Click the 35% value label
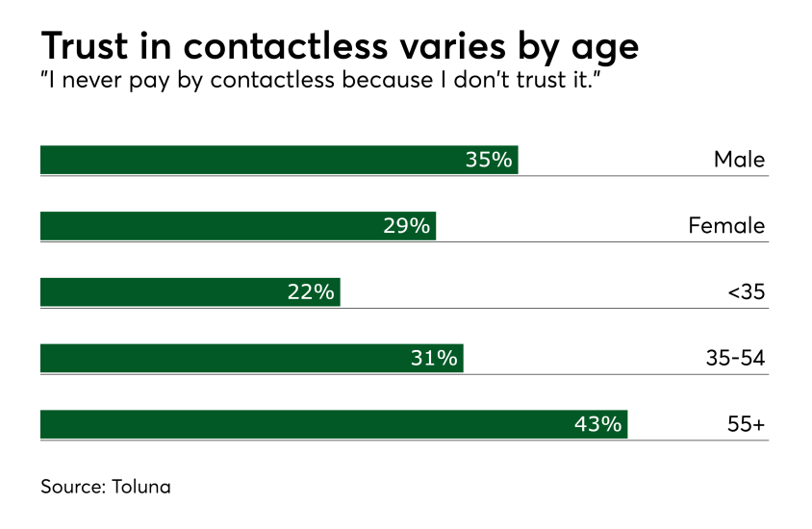point(489,160)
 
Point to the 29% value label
point(406,226)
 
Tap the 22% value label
point(311,292)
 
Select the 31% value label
point(434,359)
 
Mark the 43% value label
point(597,424)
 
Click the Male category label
point(739,160)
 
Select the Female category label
point(726,226)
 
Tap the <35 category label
point(746,292)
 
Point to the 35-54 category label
point(735,359)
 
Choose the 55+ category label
point(747,424)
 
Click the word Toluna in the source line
point(140,487)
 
